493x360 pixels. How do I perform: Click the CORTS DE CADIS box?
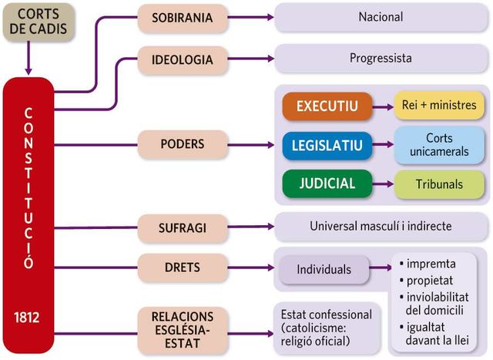click(x=37, y=22)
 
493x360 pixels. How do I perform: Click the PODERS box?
click(x=183, y=143)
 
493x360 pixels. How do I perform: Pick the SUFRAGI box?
click(x=183, y=227)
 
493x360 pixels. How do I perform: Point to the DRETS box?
click(x=183, y=268)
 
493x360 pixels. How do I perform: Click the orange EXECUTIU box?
click(x=326, y=106)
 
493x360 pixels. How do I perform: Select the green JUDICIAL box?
click(x=326, y=184)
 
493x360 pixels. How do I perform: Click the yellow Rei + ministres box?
click(x=439, y=106)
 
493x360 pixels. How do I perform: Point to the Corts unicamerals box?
click(x=439, y=144)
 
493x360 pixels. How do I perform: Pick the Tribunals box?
click(x=439, y=184)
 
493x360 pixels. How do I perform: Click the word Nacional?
click(x=381, y=17)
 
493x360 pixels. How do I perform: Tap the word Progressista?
click(x=381, y=58)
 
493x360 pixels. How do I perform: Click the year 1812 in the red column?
click(x=28, y=318)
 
